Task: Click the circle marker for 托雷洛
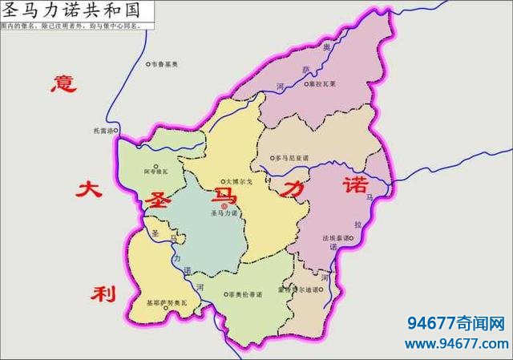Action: (x=116, y=129)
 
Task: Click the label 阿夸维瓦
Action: (x=157, y=172)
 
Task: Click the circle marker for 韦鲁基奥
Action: (x=148, y=64)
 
